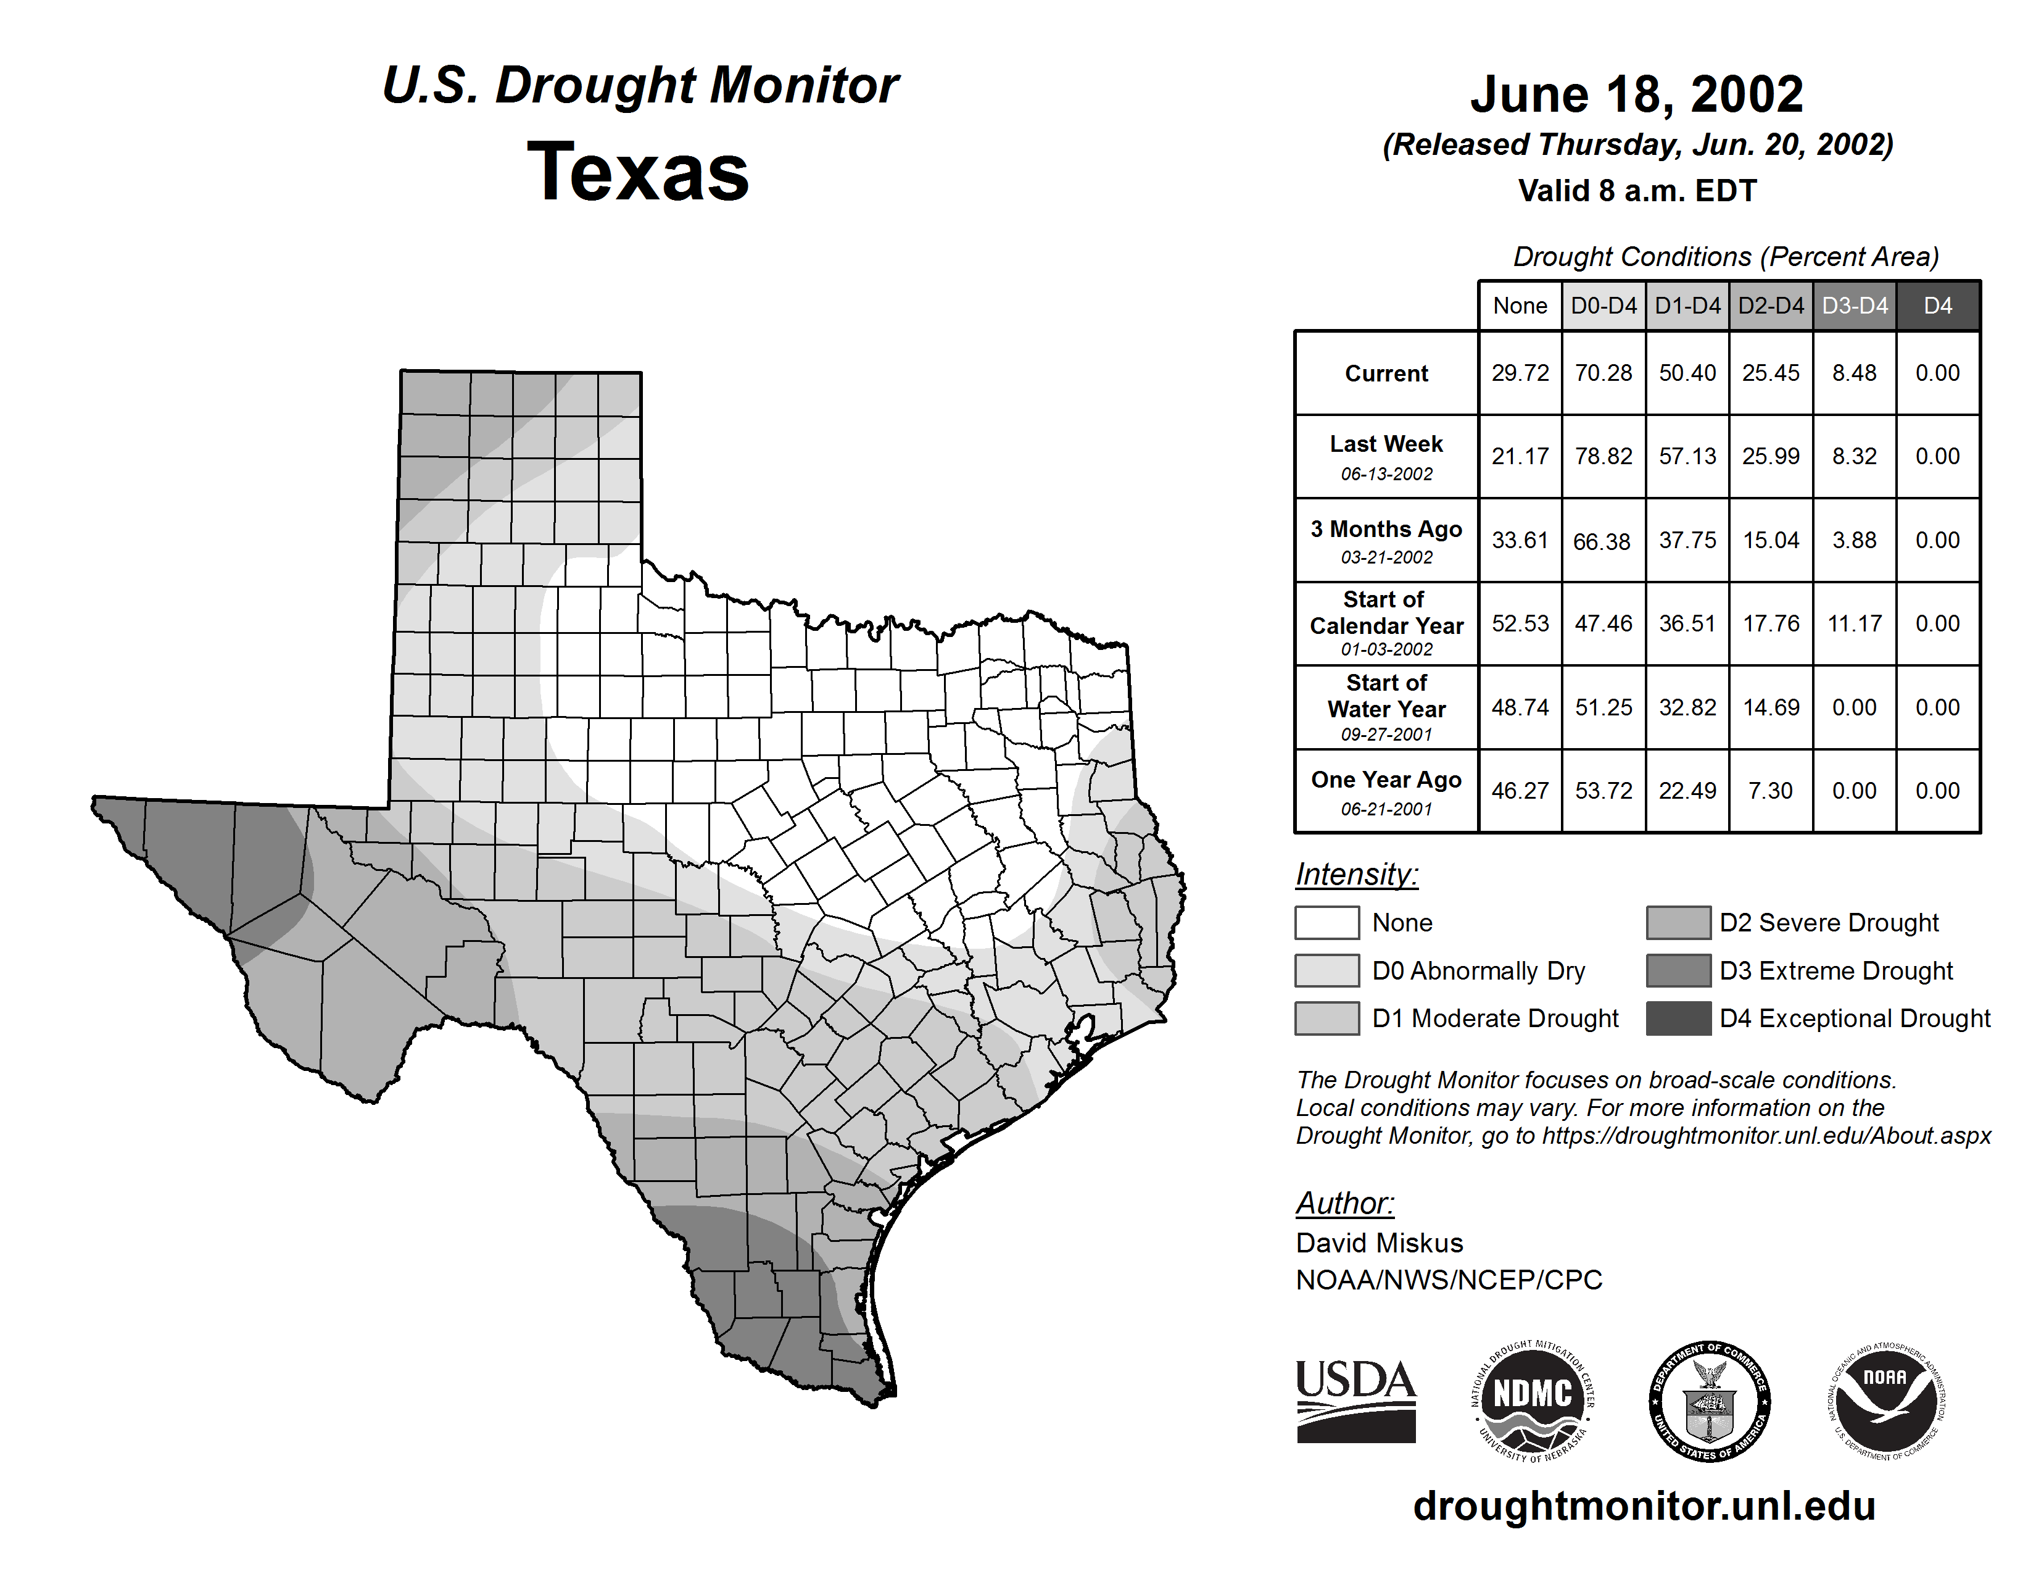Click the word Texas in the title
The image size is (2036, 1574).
[639, 172]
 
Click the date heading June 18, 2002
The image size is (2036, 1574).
[1636, 94]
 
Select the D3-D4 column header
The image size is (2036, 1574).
[1854, 306]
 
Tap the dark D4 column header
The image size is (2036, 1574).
[1937, 306]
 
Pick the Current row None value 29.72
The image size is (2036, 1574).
[1520, 373]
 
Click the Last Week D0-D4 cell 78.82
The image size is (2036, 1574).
[1604, 456]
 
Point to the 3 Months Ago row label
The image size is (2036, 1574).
[1386, 540]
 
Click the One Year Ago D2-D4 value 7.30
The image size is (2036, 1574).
[1770, 791]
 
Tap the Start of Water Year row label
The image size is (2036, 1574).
[1386, 707]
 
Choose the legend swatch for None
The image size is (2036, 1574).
[1326, 922]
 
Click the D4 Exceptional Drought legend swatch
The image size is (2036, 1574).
[1678, 1018]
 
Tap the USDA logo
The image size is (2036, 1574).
[1355, 1401]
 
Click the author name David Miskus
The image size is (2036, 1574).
[1379, 1243]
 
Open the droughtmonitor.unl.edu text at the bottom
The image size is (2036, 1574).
[1644, 1506]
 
